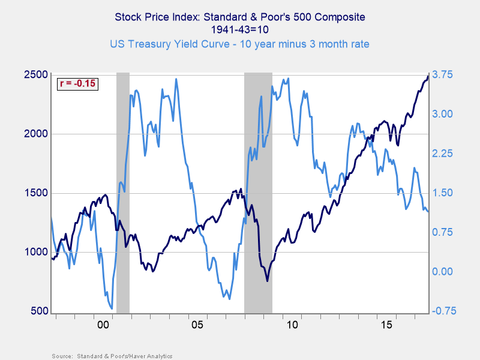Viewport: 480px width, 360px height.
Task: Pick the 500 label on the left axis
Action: (39, 311)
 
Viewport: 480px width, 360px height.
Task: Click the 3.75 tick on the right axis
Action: (442, 74)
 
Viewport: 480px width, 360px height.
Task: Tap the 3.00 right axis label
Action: (442, 114)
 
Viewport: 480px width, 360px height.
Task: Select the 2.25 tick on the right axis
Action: (442, 154)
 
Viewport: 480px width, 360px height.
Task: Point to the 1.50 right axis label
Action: (442, 193)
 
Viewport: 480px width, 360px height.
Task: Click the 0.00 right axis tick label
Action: (442, 271)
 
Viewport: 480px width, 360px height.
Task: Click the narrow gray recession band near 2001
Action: (122, 192)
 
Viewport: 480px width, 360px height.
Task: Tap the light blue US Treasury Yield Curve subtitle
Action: (239, 44)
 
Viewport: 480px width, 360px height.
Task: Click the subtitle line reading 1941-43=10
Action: (239, 29)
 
